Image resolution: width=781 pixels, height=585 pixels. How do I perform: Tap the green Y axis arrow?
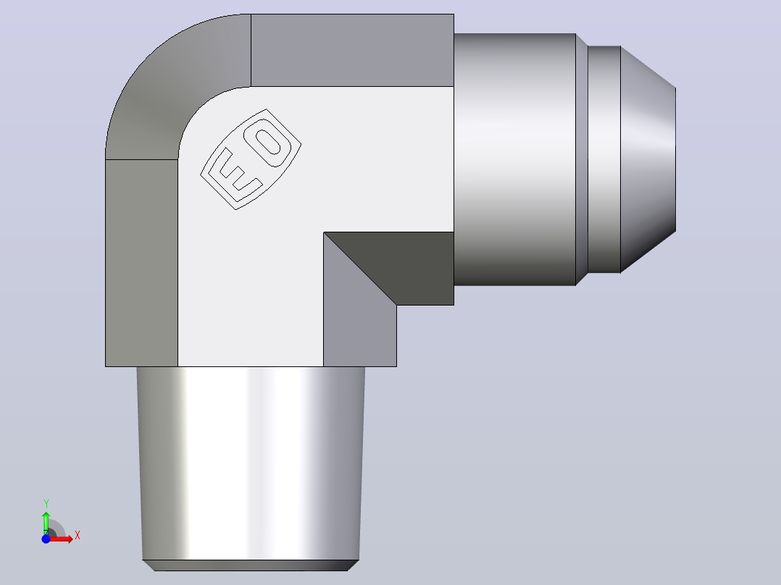[46, 523]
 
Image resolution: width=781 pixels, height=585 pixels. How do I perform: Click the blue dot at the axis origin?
[46, 539]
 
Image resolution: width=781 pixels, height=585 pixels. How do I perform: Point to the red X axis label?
[78, 536]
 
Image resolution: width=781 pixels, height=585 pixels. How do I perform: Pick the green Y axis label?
[46, 504]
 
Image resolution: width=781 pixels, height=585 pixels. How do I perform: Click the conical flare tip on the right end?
[648, 159]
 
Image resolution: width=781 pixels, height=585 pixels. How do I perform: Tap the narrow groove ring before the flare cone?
[604, 159]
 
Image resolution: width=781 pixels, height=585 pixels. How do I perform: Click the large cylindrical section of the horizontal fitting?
[514, 159]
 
